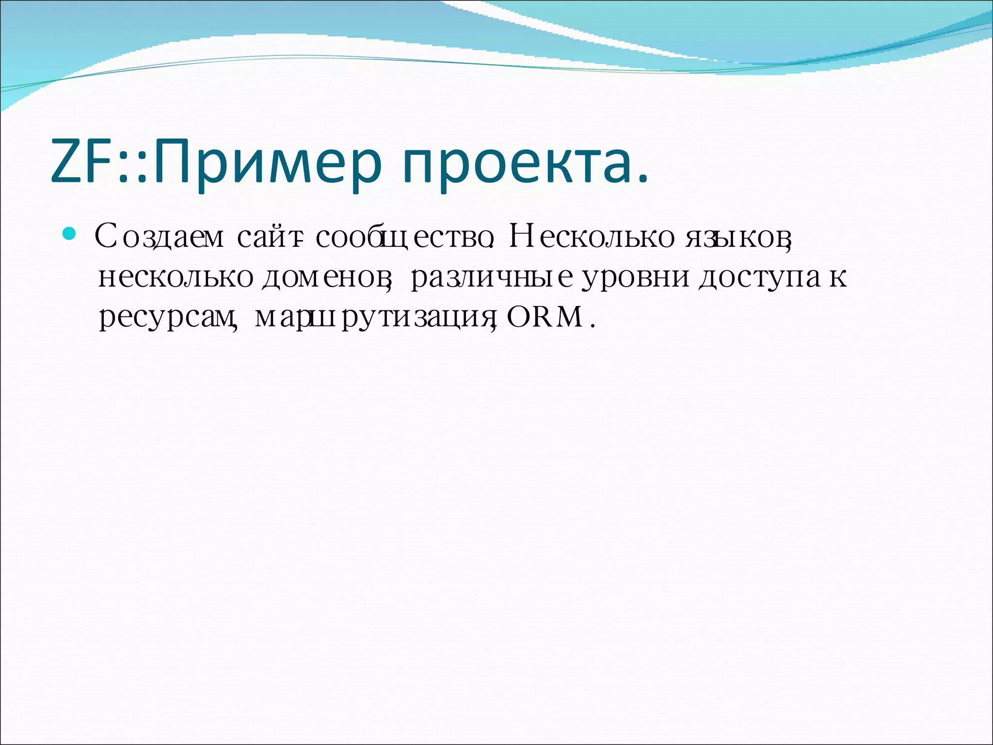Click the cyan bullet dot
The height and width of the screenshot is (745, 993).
tap(70, 235)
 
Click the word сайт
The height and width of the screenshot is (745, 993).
tap(267, 237)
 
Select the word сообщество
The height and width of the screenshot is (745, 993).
tap(402, 237)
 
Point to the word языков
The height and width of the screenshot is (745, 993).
tap(737, 237)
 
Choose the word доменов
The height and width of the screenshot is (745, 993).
tap(325, 277)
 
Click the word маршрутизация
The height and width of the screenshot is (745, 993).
tap(373, 319)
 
